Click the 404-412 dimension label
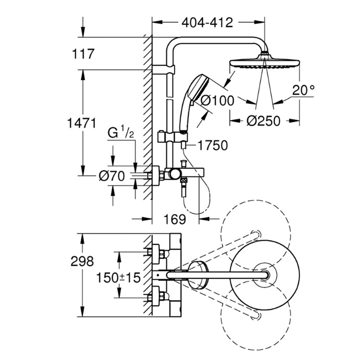207,22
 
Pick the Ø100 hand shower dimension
217,101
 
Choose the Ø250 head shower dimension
263,121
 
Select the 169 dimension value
175,219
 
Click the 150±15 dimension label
118,278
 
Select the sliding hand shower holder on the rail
172,138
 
